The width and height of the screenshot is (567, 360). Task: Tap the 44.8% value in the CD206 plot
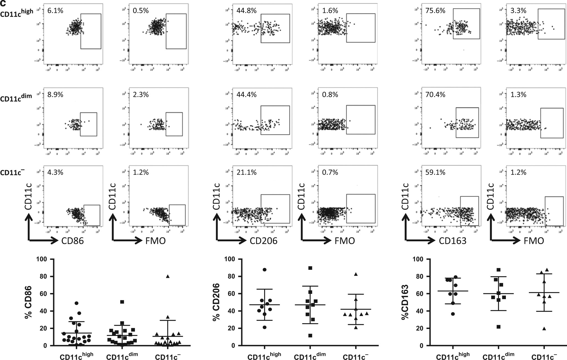click(x=246, y=11)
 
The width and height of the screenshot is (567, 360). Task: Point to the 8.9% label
click(x=55, y=95)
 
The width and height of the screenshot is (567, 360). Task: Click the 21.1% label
click(x=246, y=172)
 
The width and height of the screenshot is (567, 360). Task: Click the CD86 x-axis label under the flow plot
click(x=73, y=241)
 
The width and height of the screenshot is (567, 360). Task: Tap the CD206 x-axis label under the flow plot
click(x=264, y=241)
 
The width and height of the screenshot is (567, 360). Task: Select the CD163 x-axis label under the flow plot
click(x=452, y=241)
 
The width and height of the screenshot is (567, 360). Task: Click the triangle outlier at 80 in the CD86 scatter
click(x=168, y=276)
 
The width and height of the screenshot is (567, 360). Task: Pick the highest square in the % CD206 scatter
click(x=310, y=268)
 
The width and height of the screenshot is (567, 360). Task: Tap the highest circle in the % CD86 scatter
click(x=77, y=303)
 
